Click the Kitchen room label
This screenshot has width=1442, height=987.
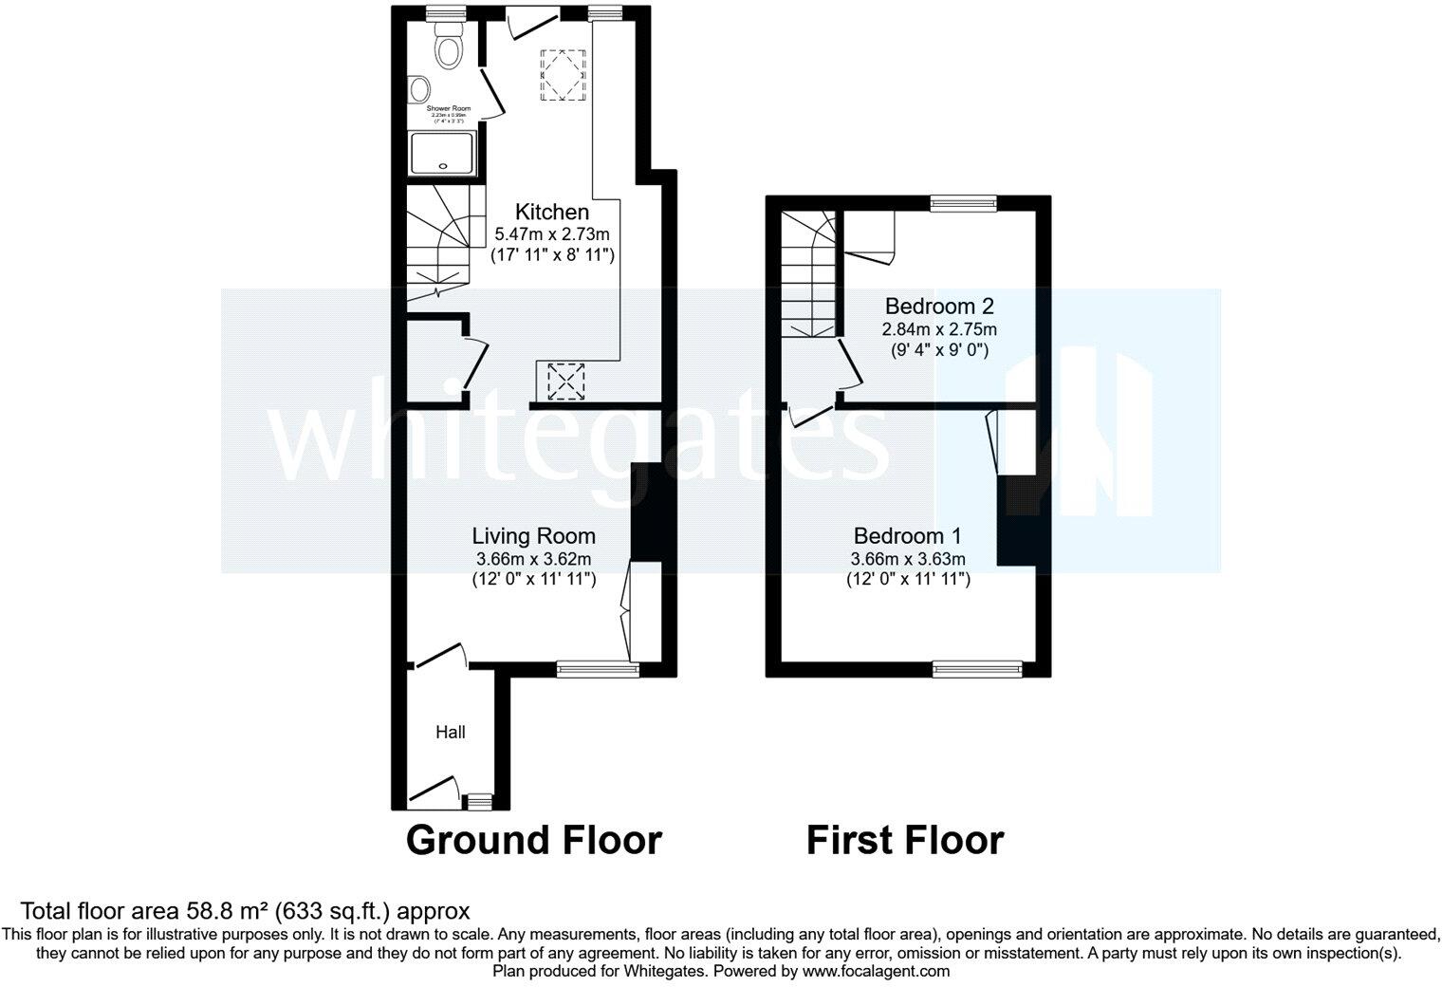click(x=551, y=212)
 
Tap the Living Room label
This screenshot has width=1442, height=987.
click(x=534, y=536)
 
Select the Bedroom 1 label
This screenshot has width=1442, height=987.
click(x=908, y=535)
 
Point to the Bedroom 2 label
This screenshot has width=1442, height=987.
click(x=938, y=307)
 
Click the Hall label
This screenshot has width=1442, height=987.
click(x=451, y=732)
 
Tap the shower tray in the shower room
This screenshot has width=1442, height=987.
click(x=441, y=154)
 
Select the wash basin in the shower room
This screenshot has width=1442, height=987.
click(x=416, y=90)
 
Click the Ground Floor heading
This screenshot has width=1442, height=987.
click(x=533, y=841)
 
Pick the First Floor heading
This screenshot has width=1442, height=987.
click(x=904, y=841)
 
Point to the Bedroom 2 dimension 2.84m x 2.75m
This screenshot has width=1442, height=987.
click(x=939, y=329)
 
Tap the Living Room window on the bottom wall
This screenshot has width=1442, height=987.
click(x=598, y=669)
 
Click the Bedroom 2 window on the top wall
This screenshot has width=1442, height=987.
click(x=963, y=202)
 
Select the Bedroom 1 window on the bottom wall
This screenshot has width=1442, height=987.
click(x=978, y=669)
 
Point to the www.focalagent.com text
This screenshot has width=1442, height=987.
click(x=876, y=971)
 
